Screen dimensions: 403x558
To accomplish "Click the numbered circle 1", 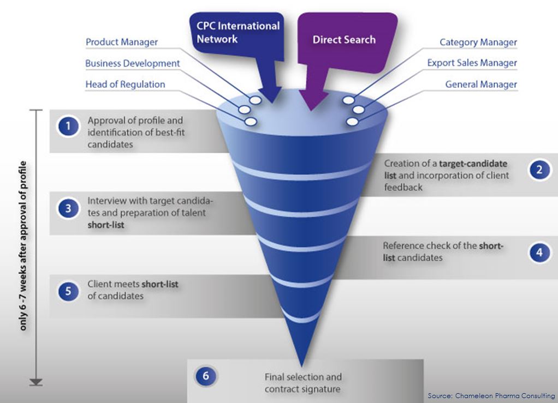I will click(68, 127).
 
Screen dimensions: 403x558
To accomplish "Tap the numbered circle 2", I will click(539, 170).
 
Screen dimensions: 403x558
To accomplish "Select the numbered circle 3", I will click(68, 208).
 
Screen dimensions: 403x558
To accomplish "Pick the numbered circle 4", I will click(539, 252).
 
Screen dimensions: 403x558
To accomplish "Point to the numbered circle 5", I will click(68, 291).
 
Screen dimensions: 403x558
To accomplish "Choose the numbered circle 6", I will click(205, 376).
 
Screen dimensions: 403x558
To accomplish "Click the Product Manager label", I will click(122, 42).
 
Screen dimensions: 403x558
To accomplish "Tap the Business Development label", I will click(133, 63).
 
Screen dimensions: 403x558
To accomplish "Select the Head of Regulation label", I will click(125, 85).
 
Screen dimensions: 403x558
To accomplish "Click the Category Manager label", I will click(478, 42).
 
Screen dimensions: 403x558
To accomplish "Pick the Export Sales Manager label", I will click(472, 63).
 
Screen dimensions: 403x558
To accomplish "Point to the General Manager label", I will click(481, 85).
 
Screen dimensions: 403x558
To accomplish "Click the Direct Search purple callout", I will click(344, 40).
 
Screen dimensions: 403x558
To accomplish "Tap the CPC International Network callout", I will click(238, 32).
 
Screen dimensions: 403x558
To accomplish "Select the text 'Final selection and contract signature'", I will click(303, 383).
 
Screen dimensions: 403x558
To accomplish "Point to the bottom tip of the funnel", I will click(301, 364).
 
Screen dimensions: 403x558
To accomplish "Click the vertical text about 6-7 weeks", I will click(25, 245).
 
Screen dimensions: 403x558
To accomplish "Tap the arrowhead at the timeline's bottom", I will click(36, 382).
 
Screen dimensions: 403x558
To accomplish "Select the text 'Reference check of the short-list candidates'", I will click(443, 251).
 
